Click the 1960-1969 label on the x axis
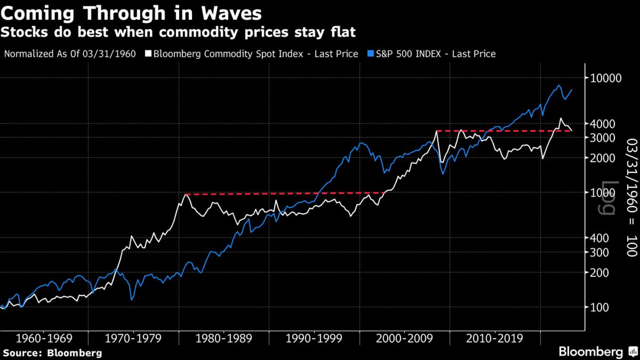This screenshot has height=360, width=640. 44,338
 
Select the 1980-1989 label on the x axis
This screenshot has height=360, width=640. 225,338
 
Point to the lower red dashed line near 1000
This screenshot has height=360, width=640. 283,194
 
